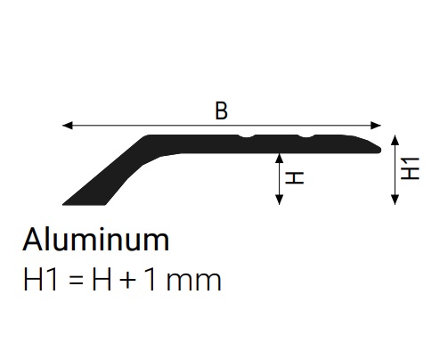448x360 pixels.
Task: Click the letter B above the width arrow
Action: click(x=222, y=110)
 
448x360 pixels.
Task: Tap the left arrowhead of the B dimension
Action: click(x=67, y=126)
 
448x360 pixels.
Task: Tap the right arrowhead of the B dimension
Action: click(x=376, y=126)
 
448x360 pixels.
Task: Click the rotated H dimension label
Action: click(x=295, y=178)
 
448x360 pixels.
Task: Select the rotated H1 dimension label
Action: click(x=410, y=168)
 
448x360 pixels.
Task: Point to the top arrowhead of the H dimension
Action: click(x=279, y=158)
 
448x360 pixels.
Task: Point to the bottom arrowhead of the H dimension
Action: click(x=279, y=200)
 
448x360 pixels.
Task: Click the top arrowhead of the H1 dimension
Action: click(x=395, y=140)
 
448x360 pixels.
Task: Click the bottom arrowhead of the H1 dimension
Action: click(x=395, y=200)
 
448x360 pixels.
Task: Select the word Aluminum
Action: click(x=96, y=240)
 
